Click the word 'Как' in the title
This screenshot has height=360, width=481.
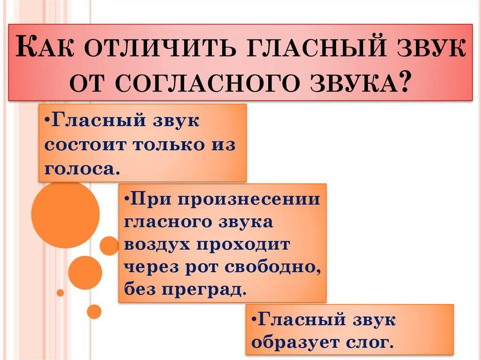click(x=44, y=46)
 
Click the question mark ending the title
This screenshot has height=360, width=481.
click(x=403, y=82)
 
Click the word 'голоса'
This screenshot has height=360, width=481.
click(x=80, y=169)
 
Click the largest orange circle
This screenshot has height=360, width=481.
click(x=65, y=214)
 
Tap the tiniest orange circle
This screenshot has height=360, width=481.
click(x=61, y=293)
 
